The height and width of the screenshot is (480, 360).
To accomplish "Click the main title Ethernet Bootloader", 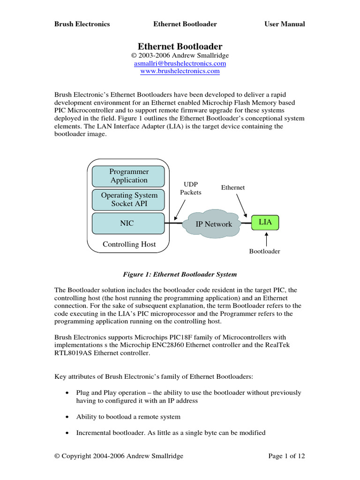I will pos(180,46).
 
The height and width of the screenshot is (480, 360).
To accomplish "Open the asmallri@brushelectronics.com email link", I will pos(180,63).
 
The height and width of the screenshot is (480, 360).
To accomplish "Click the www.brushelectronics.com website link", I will pos(180,71).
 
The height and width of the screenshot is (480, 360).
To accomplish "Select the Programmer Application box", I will pos(129,176).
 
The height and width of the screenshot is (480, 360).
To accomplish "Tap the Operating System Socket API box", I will pos(129,199).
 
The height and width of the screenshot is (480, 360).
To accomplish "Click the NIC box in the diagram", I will pos(127,224).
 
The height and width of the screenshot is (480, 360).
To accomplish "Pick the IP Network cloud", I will pos(213,224).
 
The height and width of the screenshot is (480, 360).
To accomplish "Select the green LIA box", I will pos(265,222).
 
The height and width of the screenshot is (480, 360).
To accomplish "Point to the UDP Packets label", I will pos(191,189).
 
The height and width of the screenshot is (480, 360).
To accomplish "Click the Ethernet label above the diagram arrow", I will pos(233,187).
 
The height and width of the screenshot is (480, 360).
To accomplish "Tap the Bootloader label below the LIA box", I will pos(264,252).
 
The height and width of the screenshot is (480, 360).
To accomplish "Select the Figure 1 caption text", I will pos(180,274).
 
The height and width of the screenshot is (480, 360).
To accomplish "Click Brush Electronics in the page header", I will pos(82,24).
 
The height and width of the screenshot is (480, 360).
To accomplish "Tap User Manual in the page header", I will pos(285,24).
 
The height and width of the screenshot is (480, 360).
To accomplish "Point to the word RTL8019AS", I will pos(76,353).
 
